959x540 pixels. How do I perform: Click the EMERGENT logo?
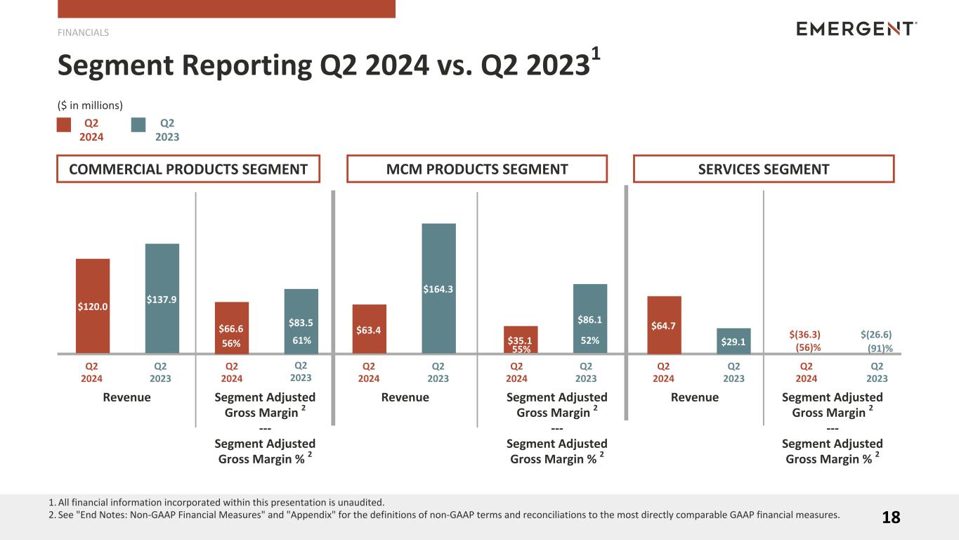pos(856,29)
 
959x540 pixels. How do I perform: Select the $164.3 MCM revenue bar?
pos(438,288)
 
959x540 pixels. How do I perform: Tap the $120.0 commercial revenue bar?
pos(93,306)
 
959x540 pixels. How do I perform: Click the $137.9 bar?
pos(162,298)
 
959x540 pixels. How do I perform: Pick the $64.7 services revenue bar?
pos(664,324)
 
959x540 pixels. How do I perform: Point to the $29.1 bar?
pos(733,341)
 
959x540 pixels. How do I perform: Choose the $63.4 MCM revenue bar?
pos(370,328)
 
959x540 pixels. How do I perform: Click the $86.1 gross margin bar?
pos(590,318)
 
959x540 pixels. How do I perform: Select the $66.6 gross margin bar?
pos(232,327)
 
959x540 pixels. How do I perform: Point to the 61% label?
pos(301,341)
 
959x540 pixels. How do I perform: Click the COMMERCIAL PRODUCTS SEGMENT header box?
pos(188,169)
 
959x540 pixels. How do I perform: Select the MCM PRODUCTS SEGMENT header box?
pos(477,169)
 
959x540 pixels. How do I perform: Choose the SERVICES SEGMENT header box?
pos(764,169)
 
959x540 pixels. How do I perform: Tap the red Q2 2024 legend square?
pos(64,125)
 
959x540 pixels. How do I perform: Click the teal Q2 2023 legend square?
pos(138,125)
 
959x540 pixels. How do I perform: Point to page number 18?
pos(891,517)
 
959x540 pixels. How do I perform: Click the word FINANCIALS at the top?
pos(83,32)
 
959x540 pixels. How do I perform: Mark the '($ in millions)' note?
pos(90,105)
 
